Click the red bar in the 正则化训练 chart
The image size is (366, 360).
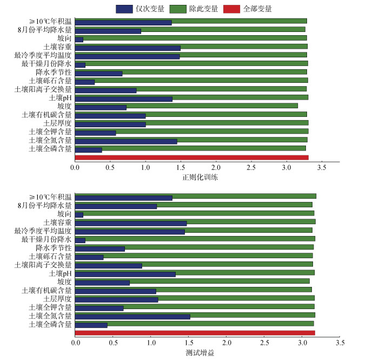(191, 158)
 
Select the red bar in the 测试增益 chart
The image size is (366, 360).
(195, 333)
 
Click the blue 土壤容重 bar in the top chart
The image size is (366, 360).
(128, 48)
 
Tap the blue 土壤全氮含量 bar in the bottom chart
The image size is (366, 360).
(132, 316)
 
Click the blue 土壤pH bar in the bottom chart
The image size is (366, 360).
(125, 274)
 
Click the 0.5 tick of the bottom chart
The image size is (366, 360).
(113, 343)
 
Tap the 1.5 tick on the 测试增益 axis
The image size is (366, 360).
(189, 343)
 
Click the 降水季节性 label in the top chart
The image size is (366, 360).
(54, 72)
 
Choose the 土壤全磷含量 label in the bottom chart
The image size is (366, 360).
(50, 324)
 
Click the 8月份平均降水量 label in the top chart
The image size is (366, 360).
(44, 30)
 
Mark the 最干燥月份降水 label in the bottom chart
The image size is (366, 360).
(46, 239)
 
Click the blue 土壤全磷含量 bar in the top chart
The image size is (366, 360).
(88, 149)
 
